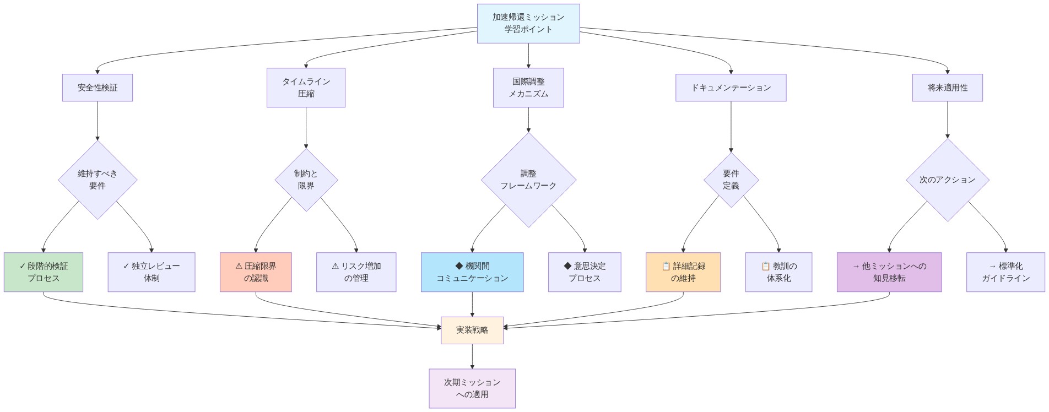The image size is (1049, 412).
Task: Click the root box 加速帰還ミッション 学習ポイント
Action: click(528, 23)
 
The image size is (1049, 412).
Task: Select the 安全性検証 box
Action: click(97, 88)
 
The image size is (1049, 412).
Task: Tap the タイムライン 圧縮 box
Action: click(306, 88)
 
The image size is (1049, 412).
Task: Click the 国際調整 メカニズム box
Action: click(528, 88)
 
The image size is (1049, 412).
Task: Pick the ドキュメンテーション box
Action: click(731, 88)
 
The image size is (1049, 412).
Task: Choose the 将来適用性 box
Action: click(947, 88)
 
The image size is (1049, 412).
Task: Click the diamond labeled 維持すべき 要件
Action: click(98, 180)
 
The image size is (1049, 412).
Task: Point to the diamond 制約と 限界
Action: click(306, 180)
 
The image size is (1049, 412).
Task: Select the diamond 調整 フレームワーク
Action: click(528, 180)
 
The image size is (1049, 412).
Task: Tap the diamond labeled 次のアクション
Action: click(947, 180)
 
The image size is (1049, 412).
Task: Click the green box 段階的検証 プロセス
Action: click(44, 272)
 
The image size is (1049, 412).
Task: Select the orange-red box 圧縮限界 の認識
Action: click(256, 272)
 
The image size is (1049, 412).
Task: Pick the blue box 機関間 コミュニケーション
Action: click(472, 272)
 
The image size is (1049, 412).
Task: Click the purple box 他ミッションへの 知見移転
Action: click(889, 272)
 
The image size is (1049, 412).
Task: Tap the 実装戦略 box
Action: click(472, 330)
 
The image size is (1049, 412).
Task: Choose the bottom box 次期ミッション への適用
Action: click(472, 388)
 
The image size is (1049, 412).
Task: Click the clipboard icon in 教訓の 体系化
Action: click(765, 266)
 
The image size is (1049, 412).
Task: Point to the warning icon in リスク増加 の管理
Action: click(335, 266)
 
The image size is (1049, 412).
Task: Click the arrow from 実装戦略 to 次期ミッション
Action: click(472, 356)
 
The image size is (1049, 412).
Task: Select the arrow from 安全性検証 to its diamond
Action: click(98, 121)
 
